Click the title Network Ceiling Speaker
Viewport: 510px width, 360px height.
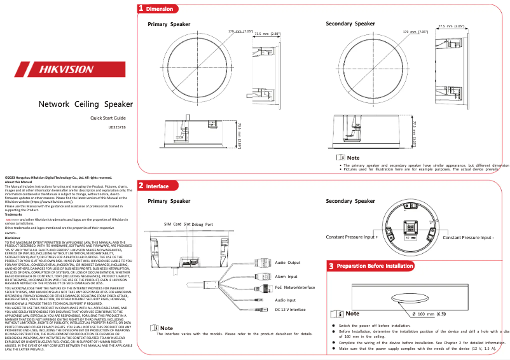(86, 104)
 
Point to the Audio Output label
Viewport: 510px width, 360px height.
(287, 262)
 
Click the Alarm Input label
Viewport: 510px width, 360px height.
(286, 276)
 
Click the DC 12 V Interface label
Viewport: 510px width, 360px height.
(290, 310)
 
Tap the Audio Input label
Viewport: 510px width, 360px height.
(286, 299)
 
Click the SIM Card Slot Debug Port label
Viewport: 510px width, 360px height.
(188, 225)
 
